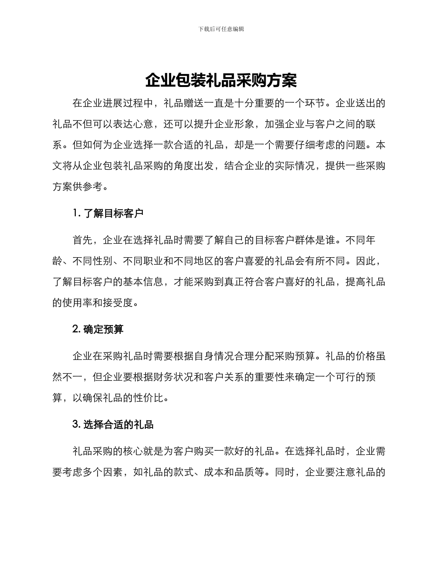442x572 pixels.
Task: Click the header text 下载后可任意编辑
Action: tap(221, 29)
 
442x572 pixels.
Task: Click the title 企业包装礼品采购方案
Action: tap(221, 80)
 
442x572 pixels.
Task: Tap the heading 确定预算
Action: tap(103, 329)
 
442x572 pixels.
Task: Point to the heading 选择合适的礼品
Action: tap(119, 424)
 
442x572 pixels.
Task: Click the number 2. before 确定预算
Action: tap(77, 329)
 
